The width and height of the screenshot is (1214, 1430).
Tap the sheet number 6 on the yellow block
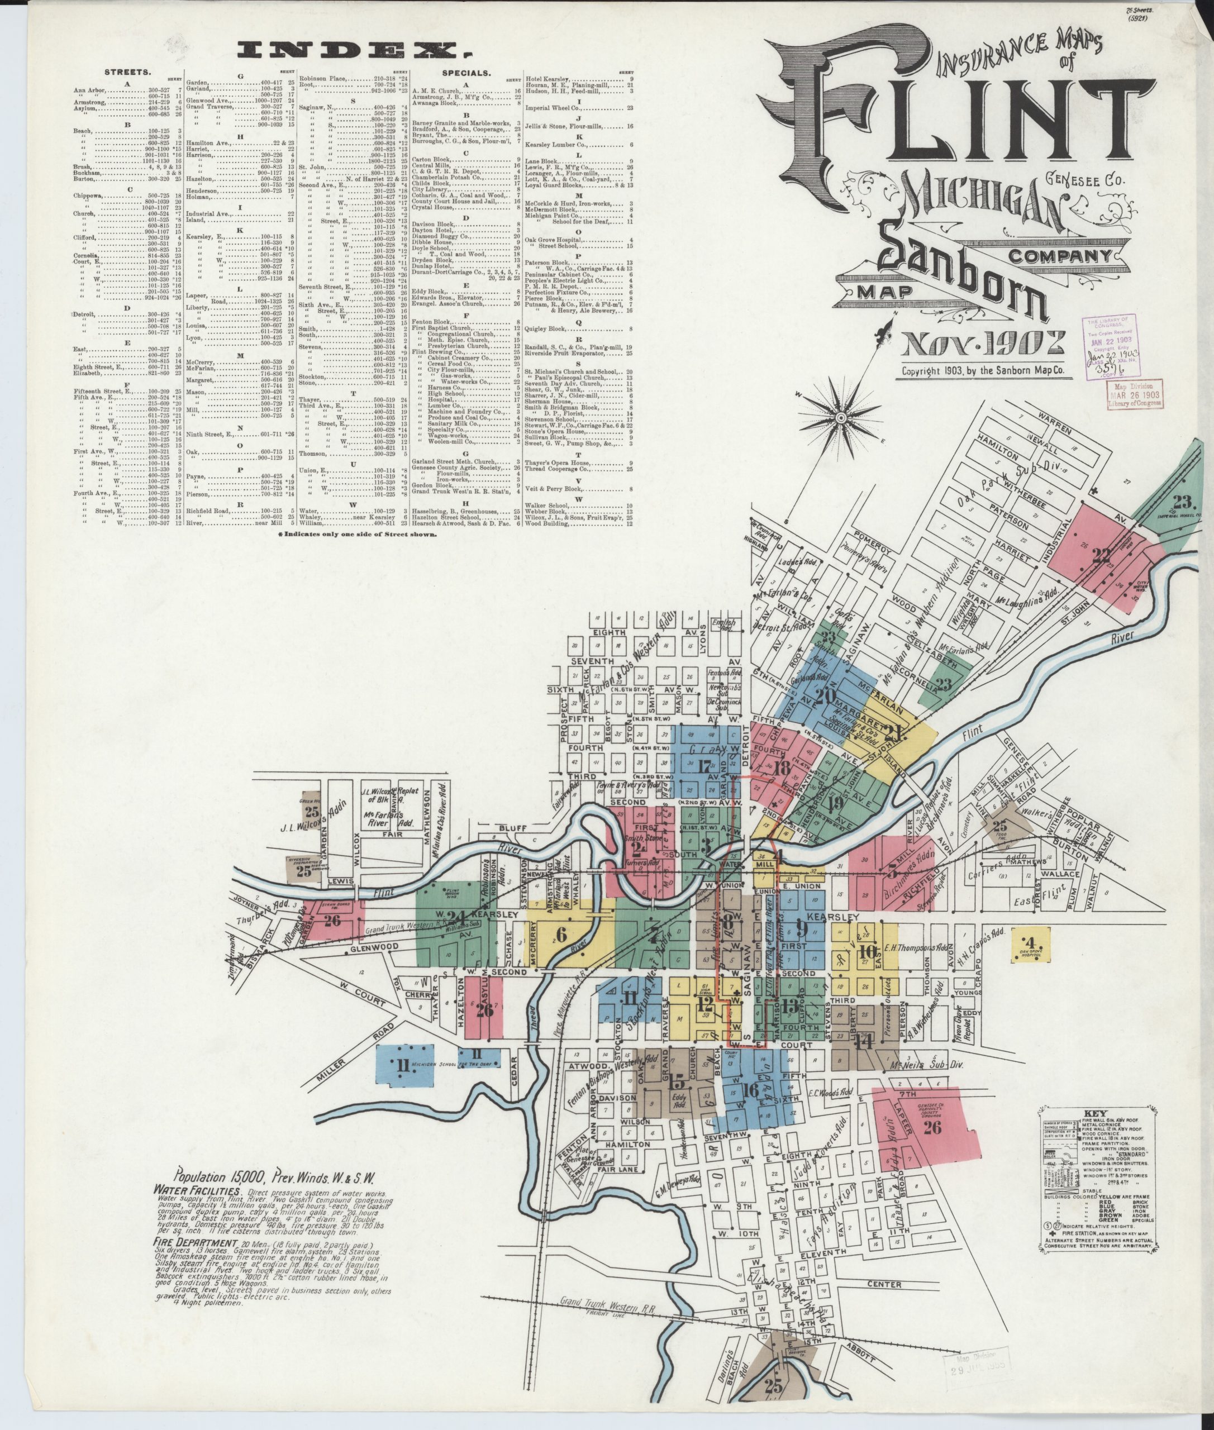click(x=561, y=934)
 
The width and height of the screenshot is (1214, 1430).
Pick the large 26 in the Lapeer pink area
click(x=932, y=1127)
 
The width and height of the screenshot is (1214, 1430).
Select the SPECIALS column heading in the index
click(x=466, y=71)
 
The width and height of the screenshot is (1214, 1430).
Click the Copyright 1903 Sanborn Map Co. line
click(x=983, y=370)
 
